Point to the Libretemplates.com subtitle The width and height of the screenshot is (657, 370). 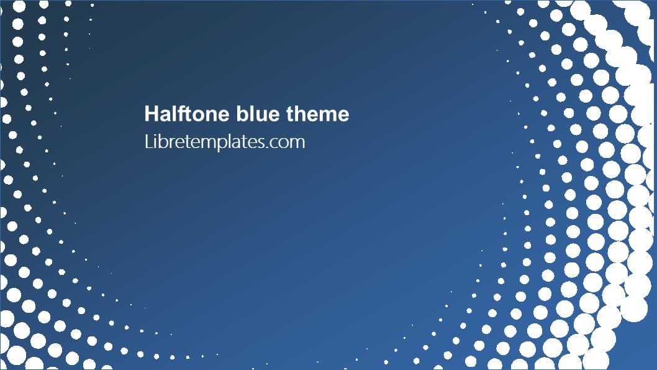(x=224, y=142)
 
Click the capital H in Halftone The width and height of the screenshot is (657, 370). (x=151, y=114)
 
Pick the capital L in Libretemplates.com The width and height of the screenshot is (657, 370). (x=147, y=142)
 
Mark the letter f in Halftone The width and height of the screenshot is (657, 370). (x=177, y=114)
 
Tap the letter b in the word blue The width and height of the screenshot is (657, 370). (x=242, y=114)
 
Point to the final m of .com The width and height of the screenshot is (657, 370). (x=297, y=143)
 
